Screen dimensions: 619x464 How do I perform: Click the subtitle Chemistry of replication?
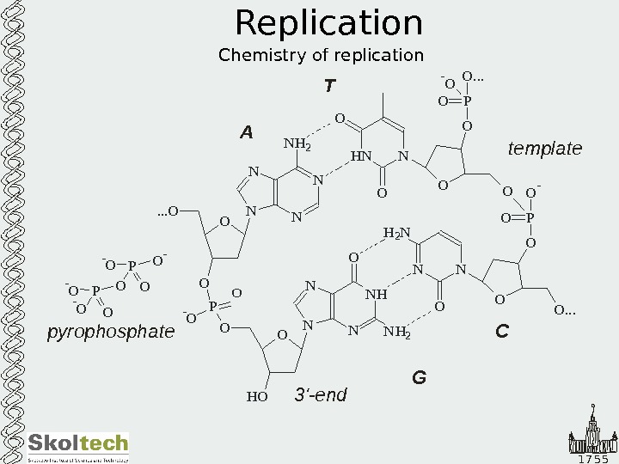pos(321,56)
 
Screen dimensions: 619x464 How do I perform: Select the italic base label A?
pos(247,132)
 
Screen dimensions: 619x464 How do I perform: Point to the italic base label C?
pos(502,329)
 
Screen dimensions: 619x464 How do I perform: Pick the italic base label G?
pos(420,376)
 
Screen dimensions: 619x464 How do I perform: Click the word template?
pos(545,149)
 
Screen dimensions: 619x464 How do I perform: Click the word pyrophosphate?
pos(110,331)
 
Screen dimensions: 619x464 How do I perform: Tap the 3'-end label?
pos(321,394)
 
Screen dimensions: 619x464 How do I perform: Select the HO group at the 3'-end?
pos(257,396)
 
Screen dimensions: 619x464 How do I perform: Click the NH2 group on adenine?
pos(297,143)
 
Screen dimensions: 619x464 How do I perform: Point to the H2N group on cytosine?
pos(396,233)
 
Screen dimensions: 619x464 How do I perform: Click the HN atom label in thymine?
pos(362,157)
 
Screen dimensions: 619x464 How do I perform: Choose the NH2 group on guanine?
pos(397,332)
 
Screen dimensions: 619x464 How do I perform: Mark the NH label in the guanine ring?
pos(377,295)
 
